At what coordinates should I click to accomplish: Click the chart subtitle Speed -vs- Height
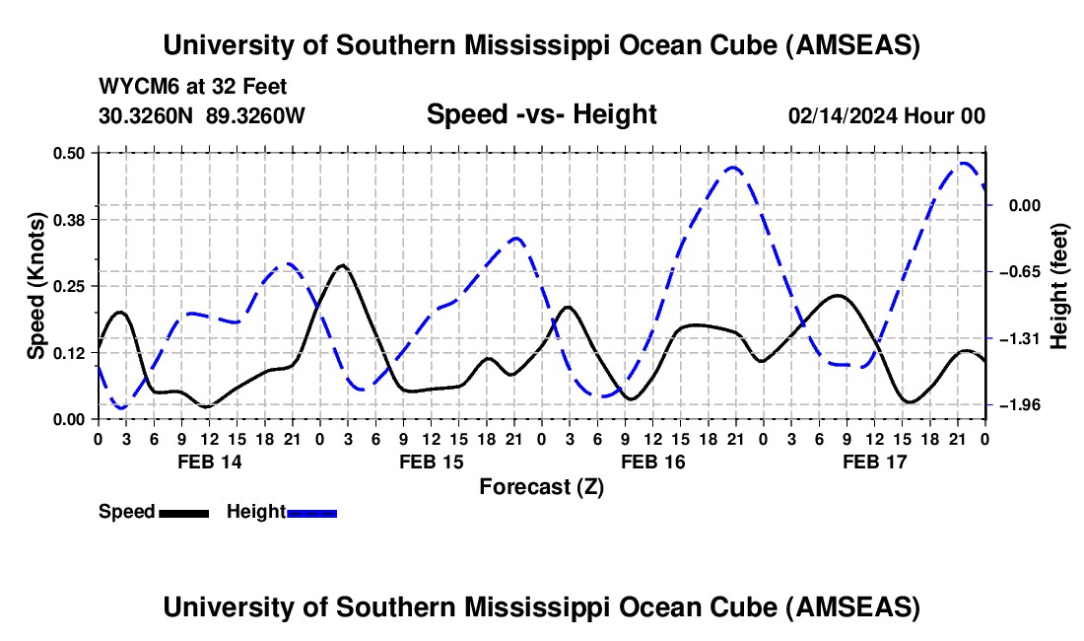(x=541, y=115)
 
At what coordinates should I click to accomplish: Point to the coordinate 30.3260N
(x=148, y=115)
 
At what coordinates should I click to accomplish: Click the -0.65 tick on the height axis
(x=1015, y=272)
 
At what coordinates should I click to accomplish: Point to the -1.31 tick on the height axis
(x=1015, y=339)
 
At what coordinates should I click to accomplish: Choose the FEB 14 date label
(x=209, y=462)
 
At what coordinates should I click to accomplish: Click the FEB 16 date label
(x=652, y=462)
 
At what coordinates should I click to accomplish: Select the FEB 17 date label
(x=874, y=462)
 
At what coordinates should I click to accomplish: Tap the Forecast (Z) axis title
(x=541, y=486)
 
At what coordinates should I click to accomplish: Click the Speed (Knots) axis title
(x=36, y=286)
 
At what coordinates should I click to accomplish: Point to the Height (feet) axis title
(x=1060, y=286)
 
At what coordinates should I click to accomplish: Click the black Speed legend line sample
(x=183, y=512)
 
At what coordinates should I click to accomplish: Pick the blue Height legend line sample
(x=311, y=512)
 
